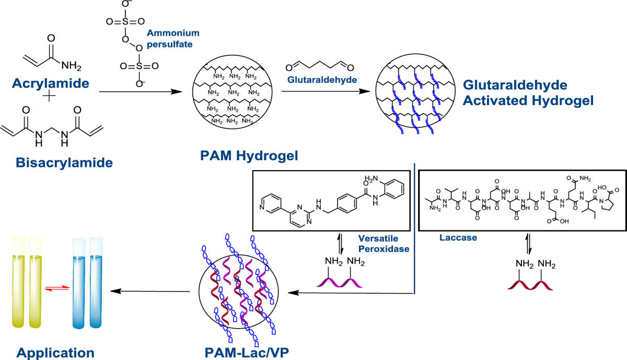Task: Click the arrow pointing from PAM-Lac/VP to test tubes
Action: click(152, 291)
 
